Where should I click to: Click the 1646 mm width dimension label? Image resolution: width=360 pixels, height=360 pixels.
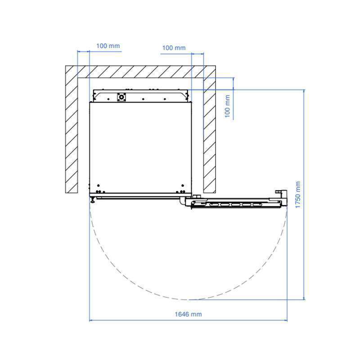pyautogui.click(x=188, y=314)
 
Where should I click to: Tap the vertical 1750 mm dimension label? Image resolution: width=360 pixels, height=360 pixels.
pyautogui.click(x=298, y=195)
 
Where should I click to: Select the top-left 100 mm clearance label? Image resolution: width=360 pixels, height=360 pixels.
pyautogui.click(x=108, y=46)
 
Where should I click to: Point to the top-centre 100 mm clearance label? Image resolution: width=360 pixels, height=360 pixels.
pyautogui.click(x=174, y=48)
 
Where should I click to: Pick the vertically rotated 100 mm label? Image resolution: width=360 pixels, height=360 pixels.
pyautogui.click(x=227, y=106)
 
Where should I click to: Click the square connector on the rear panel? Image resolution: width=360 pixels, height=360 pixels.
pyautogui.click(x=121, y=97)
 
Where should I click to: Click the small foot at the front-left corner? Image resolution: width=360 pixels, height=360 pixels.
pyautogui.click(x=93, y=199)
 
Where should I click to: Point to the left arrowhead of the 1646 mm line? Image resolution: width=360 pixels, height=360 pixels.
pyautogui.click(x=90, y=320)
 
